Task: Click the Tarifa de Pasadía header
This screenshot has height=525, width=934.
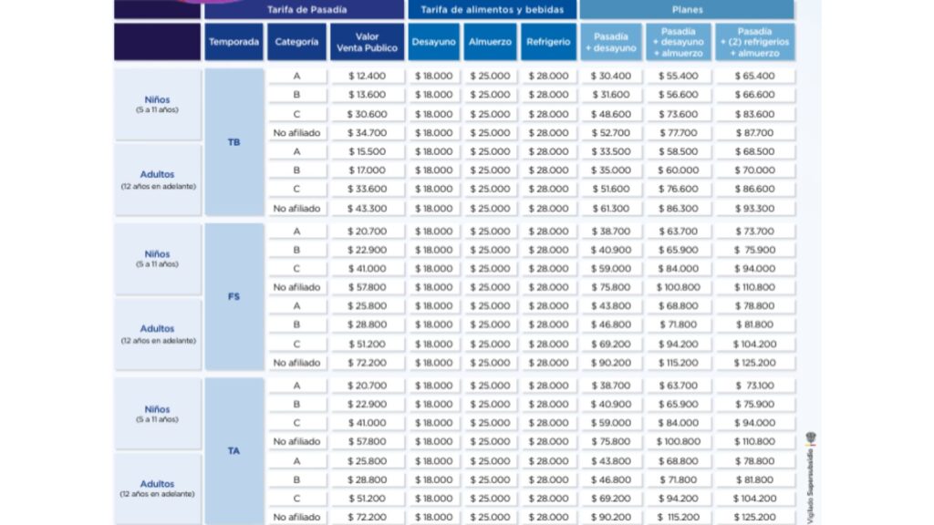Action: (x=305, y=10)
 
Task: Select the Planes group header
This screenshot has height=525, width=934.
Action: (x=686, y=10)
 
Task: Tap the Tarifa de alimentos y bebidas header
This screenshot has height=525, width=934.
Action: (x=493, y=10)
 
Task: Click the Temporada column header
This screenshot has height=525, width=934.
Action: (x=233, y=42)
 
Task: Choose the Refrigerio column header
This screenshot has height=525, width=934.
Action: (x=550, y=42)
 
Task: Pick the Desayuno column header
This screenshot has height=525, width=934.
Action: (x=434, y=42)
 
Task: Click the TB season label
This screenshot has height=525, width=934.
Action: (x=233, y=142)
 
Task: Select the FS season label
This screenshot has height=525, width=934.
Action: (x=233, y=296)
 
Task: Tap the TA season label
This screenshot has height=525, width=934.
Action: (x=233, y=450)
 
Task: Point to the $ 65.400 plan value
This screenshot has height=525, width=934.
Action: (x=755, y=76)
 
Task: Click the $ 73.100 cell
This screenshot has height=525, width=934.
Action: (x=755, y=386)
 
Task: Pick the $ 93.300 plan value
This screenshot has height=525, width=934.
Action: (x=755, y=209)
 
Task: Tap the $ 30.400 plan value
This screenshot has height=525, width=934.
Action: (x=611, y=76)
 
